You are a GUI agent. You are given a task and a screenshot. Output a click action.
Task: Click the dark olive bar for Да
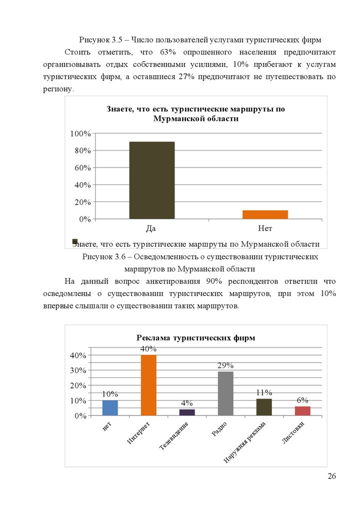(152, 180)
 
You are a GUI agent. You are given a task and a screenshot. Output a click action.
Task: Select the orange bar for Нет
(265, 214)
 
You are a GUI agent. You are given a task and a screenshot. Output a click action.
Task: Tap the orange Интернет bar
(148, 385)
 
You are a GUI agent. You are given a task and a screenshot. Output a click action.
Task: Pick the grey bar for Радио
(225, 393)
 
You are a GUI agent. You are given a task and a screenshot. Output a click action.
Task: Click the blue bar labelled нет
(110, 408)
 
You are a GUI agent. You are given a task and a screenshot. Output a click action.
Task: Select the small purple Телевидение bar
(187, 412)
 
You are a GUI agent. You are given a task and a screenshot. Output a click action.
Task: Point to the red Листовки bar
(302, 411)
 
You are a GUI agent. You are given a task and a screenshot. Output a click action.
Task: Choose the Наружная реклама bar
(264, 407)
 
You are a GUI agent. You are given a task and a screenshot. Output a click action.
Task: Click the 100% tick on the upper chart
(80, 133)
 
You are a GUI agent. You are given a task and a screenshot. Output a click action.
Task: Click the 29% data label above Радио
(225, 365)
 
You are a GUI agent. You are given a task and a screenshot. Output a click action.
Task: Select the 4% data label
(187, 403)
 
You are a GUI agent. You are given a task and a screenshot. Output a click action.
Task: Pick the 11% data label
(264, 392)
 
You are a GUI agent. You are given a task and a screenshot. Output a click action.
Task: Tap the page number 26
(331, 476)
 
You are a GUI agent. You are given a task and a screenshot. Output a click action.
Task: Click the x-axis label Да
(151, 229)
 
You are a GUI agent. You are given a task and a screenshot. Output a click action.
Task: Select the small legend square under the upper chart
(75, 241)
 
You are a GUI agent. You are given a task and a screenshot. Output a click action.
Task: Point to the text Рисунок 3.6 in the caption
(103, 256)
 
